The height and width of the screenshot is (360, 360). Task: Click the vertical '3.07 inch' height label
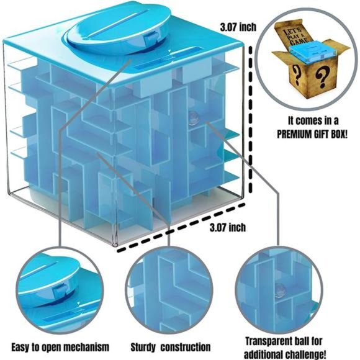pos(239,27)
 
